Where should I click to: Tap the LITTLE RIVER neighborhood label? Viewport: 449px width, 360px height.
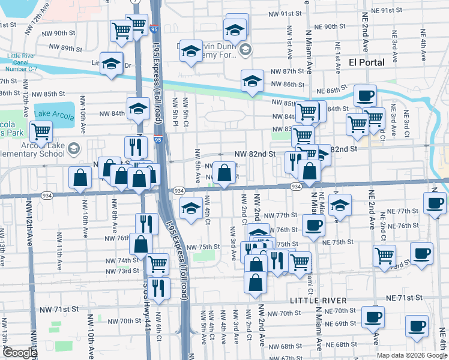point(318,299)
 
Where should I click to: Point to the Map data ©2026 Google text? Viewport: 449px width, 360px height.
point(412,355)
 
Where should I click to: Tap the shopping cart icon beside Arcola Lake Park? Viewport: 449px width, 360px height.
point(41,131)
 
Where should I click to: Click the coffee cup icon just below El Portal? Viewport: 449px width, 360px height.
point(365,95)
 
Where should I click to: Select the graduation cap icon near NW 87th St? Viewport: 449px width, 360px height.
point(252,81)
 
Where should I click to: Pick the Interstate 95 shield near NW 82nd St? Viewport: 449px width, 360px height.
point(157,140)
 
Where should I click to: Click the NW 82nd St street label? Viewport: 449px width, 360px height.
point(255,154)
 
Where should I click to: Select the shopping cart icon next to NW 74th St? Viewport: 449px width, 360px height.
point(157,262)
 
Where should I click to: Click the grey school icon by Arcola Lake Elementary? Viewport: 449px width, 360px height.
point(73,148)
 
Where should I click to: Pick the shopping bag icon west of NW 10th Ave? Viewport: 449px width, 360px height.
point(80,178)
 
